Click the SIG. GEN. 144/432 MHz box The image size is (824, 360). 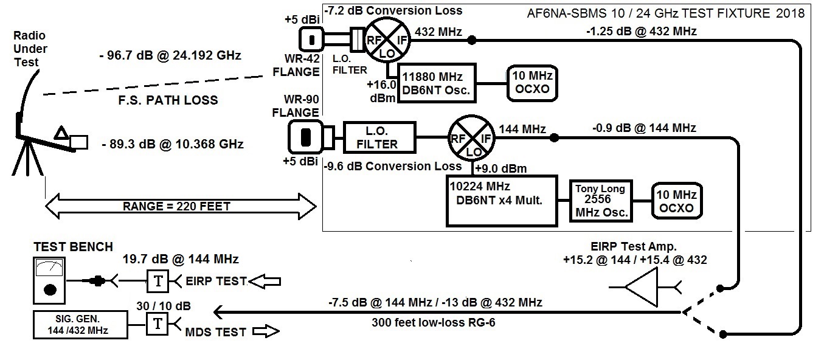[x=80, y=324]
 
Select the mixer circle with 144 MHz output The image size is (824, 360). [x=471, y=139]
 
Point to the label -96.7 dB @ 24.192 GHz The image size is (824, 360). [x=170, y=56]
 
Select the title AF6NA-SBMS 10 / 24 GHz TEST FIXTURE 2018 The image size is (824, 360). [x=666, y=13]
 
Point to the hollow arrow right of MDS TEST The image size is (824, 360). [x=265, y=332]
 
